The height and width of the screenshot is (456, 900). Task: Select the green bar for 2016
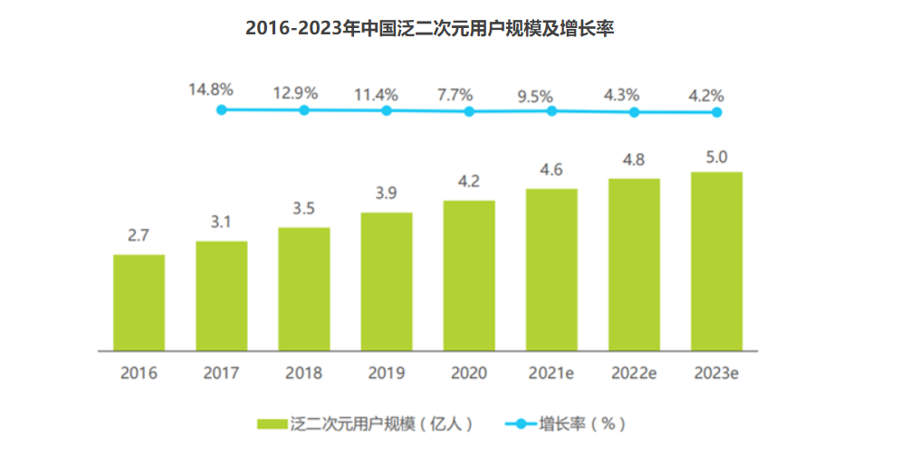tap(139, 302)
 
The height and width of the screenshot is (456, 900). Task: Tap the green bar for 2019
tap(387, 281)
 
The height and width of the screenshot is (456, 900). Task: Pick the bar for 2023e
tap(716, 261)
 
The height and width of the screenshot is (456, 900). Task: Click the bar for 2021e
tap(551, 270)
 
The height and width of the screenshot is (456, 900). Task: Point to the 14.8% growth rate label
tap(211, 90)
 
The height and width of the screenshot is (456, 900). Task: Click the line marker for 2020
tap(469, 111)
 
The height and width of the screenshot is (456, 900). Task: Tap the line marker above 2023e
tap(716, 112)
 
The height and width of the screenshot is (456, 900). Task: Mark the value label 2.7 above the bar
tap(138, 237)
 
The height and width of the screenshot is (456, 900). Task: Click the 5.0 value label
tap(716, 157)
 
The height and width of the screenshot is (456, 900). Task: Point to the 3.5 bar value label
tap(303, 211)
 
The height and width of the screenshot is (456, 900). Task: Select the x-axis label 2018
tap(303, 373)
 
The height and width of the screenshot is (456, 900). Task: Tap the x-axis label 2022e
tap(634, 373)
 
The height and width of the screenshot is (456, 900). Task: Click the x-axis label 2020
tap(469, 373)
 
